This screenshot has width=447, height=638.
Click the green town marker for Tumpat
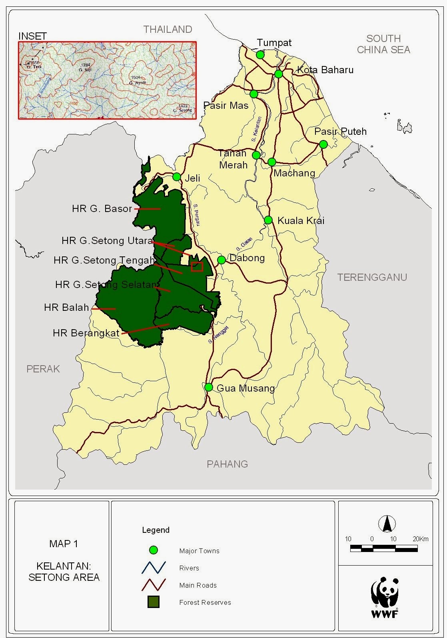[x=260, y=54]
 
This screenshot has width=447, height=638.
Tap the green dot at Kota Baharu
[x=279, y=74]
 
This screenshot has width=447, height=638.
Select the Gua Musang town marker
[x=209, y=387]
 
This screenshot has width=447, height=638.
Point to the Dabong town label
[x=247, y=258]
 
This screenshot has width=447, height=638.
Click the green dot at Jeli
[x=177, y=177]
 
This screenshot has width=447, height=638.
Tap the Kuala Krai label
[x=301, y=221]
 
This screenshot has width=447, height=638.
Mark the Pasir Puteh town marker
[x=323, y=144]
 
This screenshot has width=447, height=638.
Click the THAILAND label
[x=168, y=30]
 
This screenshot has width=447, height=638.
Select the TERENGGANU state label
[x=372, y=277]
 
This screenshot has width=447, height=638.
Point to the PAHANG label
[x=227, y=464]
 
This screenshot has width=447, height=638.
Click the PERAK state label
[x=43, y=369]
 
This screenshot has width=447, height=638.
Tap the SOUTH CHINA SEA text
[x=383, y=44]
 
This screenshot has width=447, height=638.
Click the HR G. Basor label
[x=102, y=209]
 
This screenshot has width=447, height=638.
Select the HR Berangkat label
[x=86, y=333]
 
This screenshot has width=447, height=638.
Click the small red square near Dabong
[x=197, y=267]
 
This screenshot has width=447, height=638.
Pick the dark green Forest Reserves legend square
[x=154, y=602]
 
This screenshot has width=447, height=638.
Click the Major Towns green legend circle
[x=154, y=550]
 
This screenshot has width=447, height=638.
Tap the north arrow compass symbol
[x=387, y=524]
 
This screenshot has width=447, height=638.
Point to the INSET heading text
[x=32, y=36]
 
